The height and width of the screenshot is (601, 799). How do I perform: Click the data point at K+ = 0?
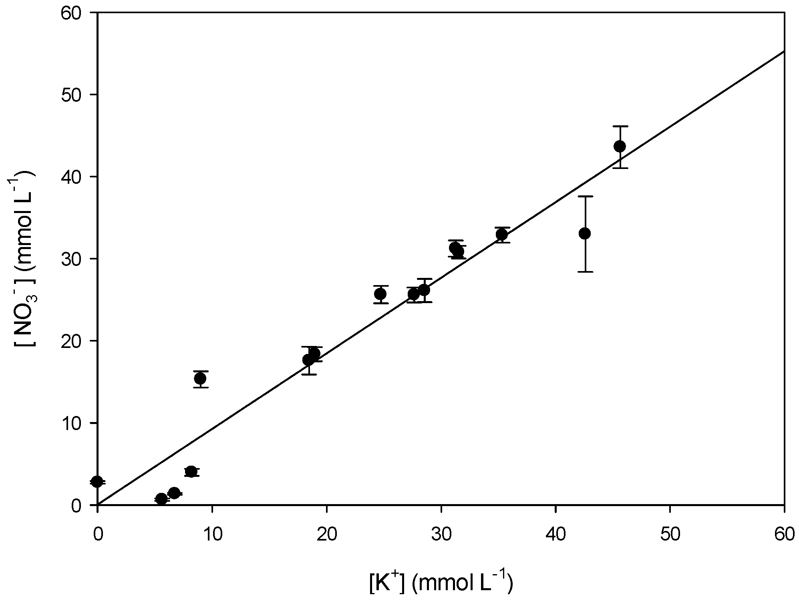tap(97, 482)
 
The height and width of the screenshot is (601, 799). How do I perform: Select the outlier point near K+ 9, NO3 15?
tap(200, 378)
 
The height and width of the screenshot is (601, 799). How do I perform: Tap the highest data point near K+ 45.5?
tap(620, 146)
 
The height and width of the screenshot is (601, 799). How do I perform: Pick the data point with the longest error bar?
tap(585, 233)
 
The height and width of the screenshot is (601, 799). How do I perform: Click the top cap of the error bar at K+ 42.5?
tap(585, 196)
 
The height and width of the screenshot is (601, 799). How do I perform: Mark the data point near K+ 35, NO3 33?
tap(502, 234)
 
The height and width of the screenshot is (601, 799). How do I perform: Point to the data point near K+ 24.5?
tap(380, 294)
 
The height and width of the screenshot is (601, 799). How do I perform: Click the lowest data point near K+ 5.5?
tap(161, 499)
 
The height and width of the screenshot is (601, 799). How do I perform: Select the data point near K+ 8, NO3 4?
tap(191, 472)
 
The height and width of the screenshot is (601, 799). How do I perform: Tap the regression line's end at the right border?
tap(784, 51)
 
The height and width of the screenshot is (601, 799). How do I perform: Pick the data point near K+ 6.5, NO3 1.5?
tap(174, 493)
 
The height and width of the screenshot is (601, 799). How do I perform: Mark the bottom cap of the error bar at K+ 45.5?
tap(620, 168)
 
